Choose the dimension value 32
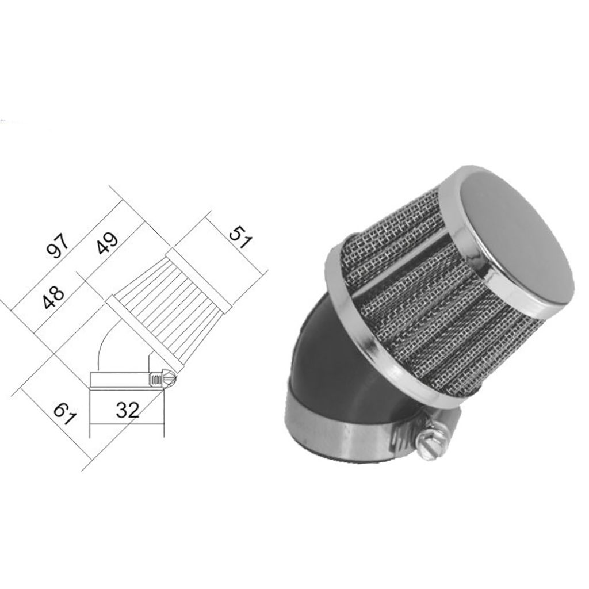(127, 410)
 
